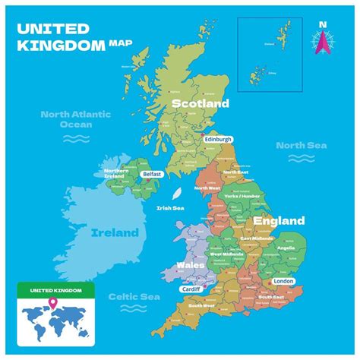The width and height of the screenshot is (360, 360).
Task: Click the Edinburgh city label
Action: pyautogui.click(x=219, y=139)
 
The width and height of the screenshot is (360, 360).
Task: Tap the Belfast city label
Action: pyautogui.click(x=151, y=174)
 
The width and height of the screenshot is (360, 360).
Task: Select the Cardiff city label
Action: pyautogui.click(x=192, y=289)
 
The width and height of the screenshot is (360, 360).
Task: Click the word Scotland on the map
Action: pyautogui.click(x=200, y=103)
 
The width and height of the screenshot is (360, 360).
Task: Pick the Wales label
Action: pyautogui.click(x=190, y=266)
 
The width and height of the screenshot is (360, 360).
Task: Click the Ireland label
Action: pyautogui.click(x=115, y=232)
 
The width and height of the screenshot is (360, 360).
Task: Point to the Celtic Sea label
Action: pyautogui.click(x=133, y=297)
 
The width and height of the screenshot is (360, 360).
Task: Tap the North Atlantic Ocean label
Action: pyautogui.click(x=77, y=119)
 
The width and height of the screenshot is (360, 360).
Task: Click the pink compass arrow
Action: pyautogui.click(x=322, y=44)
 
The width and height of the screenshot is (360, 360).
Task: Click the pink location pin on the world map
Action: pyautogui.click(x=53, y=305)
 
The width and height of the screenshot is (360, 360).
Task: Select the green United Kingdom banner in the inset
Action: pyautogui.click(x=55, y=290)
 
